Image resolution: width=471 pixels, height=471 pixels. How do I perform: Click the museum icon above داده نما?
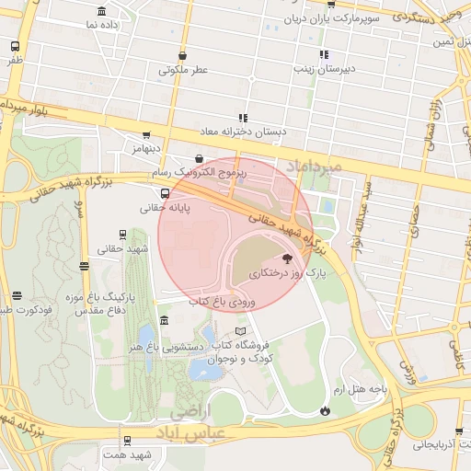click(101, 11)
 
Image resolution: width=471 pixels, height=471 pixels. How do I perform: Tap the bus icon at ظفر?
click(15, 46)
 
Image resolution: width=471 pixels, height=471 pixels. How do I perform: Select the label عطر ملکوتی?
click(183, 69)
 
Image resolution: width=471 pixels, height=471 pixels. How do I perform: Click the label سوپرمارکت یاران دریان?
click(330, 17)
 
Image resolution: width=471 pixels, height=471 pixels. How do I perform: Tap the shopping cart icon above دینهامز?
click(146, 135)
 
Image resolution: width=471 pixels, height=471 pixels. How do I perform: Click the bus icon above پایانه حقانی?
click(165, 193)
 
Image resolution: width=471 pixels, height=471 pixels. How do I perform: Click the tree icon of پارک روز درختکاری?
click(286, 258)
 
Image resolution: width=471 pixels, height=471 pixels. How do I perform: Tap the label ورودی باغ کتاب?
click(223, 301)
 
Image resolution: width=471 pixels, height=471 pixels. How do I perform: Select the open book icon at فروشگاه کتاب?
click(241, 330)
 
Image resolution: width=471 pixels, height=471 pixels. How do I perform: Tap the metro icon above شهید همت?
click(127, 440)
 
